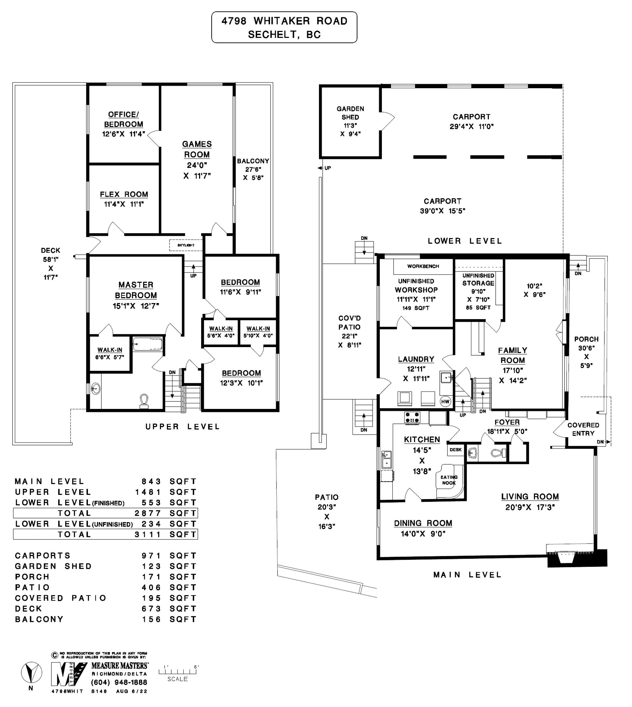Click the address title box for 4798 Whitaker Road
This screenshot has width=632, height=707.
point(284,27)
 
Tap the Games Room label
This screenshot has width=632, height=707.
point(197,149)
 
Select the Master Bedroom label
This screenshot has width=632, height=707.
point(136,290)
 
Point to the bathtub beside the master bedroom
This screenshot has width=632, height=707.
point(147,345)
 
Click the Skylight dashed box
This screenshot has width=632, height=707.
point(186,245)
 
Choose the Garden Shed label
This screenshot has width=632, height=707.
point(350,113)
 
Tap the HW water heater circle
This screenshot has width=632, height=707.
point(445,402)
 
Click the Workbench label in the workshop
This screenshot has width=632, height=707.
point(423,266)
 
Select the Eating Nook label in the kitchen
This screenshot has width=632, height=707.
point(449,480)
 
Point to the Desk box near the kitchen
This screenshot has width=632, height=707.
point(456,450)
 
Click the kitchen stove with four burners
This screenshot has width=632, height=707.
point(412,417)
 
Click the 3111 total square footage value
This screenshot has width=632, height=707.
point(148,535)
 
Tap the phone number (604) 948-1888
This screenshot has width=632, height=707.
point(119,682)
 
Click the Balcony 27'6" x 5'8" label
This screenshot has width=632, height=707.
point(253,169)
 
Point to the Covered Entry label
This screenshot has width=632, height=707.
point(583,429)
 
